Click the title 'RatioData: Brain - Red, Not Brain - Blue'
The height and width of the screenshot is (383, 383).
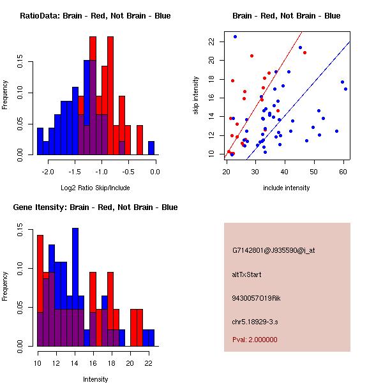(x=95, y=15)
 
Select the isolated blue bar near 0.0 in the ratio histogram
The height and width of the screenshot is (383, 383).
(x=151, y=147)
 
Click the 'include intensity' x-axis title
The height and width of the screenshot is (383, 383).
(x=287, y=188)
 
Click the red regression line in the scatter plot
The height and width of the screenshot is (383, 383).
(x=268, y=77)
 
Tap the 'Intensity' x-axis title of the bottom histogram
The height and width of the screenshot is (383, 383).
(x=96, y=379)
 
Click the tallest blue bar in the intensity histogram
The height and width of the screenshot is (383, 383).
(x=75, y=287)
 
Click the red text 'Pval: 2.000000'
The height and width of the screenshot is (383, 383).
(x=255, y=340)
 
